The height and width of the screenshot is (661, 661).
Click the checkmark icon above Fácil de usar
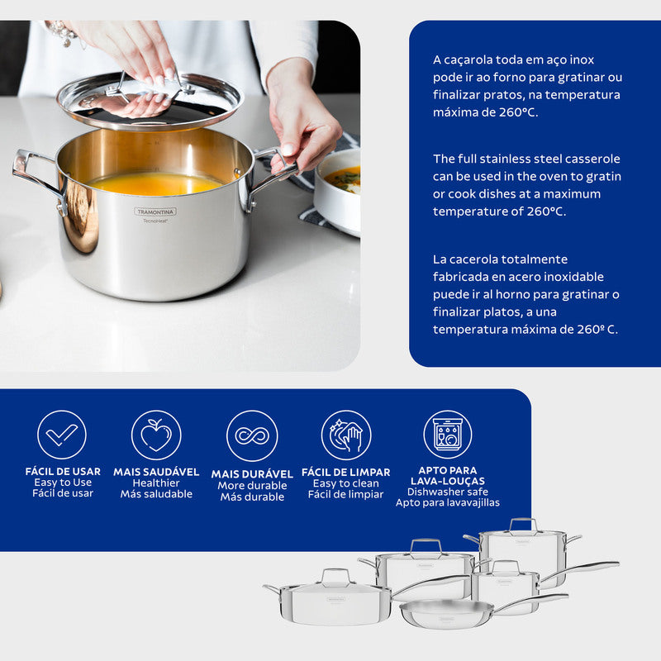pos(62,435)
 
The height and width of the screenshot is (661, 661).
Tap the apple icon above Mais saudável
pos(156,435)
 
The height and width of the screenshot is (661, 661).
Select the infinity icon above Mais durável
pos(252,435)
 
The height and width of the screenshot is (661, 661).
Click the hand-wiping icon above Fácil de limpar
pos(346,435)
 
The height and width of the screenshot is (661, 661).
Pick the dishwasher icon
pos(448,435)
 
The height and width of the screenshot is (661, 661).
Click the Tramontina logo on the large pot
pos(155,212)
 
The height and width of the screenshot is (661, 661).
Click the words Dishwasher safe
pos(448,492)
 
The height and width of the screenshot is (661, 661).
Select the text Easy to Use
pos(63,483)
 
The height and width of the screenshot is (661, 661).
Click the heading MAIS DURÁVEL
pos(252,474)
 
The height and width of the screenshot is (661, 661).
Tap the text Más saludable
pos(156,494)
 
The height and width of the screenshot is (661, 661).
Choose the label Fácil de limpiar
pos(346,494)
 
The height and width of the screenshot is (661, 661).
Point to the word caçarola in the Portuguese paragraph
pos(468,60)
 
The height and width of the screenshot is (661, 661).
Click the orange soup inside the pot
pos(157,183)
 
